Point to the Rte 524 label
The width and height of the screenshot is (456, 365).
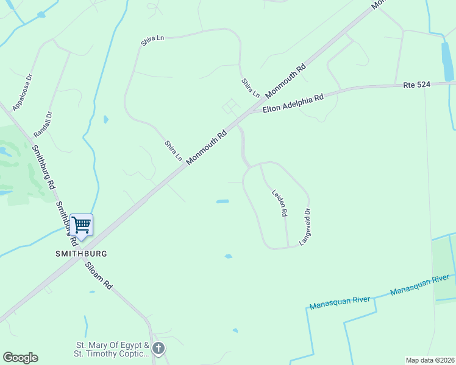point(417,85)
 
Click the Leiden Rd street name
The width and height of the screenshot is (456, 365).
point(279,203)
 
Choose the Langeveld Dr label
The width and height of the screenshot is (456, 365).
point(305,227)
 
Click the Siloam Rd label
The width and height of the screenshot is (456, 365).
point(99,276)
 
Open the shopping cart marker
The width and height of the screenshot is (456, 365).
point(80,225)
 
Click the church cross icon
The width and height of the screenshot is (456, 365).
point(159,349)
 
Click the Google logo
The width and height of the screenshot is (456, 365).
point(20,358)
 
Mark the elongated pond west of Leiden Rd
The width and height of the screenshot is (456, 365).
point(223,201)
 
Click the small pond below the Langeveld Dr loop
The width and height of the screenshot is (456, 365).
point(228,256)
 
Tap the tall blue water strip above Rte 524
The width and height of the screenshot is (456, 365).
point(448,61)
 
